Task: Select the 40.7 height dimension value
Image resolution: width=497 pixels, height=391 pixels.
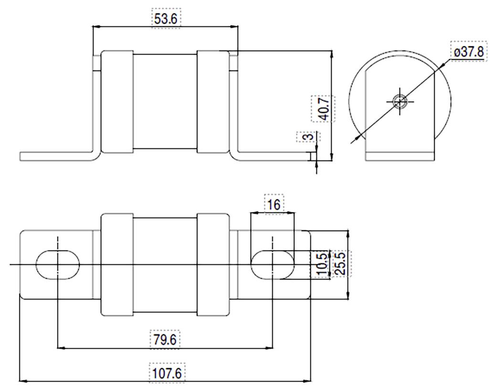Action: pyautogui.click(x=322, y=109)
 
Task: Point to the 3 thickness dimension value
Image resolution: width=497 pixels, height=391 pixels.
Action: pyautogui.click(x=309, y=136)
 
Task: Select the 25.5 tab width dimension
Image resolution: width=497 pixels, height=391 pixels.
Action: pyautogui.click(x=340, y=263)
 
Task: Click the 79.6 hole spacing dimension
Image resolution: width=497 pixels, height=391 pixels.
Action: pyautogui.click(x=165, y=340)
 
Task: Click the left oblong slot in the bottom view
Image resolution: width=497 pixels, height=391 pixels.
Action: pyautogui.click(x=58, y=264)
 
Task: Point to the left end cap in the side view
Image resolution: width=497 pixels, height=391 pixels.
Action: pyautogui.click(x=118, y=102)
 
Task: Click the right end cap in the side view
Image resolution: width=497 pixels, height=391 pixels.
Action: pyautogui.click(x=213, y=102)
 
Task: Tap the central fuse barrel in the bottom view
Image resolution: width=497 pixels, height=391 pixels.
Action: pyautogui.click(x=165, y=265)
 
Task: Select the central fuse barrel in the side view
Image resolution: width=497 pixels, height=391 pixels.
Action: pyautogui.click(x=165, y=102)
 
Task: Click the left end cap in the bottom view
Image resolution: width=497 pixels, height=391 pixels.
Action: pyautogui.click(x=117, y=265)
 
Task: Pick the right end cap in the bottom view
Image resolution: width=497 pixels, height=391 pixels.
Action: pyautogui.click(x=213, y=265)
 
